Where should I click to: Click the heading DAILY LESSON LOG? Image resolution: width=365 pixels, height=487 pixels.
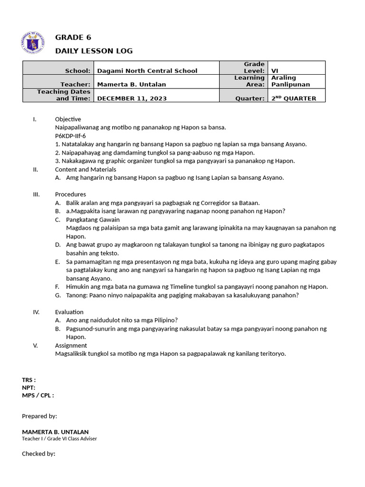pos(94,51)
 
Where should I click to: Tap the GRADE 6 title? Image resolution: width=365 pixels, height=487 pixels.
pos(73,38)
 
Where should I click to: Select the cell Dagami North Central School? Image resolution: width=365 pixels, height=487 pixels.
pos(147,71)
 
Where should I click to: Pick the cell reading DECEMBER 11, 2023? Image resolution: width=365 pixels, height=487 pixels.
pos(132,98)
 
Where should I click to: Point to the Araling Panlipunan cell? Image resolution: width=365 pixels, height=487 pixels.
pos(290,81)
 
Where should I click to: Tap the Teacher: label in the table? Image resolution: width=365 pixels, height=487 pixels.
pos(78,84)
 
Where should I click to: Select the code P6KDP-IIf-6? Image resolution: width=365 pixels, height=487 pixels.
pos(70,136)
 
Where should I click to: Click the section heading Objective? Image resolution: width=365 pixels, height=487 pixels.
pos(68,119)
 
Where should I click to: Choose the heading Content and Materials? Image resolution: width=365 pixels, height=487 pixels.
pos(86,169)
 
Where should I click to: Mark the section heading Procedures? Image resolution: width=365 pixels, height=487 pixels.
pos(70,194)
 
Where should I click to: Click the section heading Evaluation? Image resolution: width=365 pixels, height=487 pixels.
pos(69,312)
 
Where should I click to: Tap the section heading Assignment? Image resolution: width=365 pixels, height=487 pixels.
pos(71,345)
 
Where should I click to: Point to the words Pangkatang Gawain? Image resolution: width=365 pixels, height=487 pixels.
pos(93,219)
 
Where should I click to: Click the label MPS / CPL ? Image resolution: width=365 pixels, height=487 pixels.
pos(38,395)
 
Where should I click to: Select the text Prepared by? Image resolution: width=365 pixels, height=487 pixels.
pos(39,416)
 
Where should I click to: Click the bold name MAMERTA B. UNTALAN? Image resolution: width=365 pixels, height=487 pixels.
pos(55,432)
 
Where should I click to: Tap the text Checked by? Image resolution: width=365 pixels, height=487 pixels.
pos(38,454)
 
